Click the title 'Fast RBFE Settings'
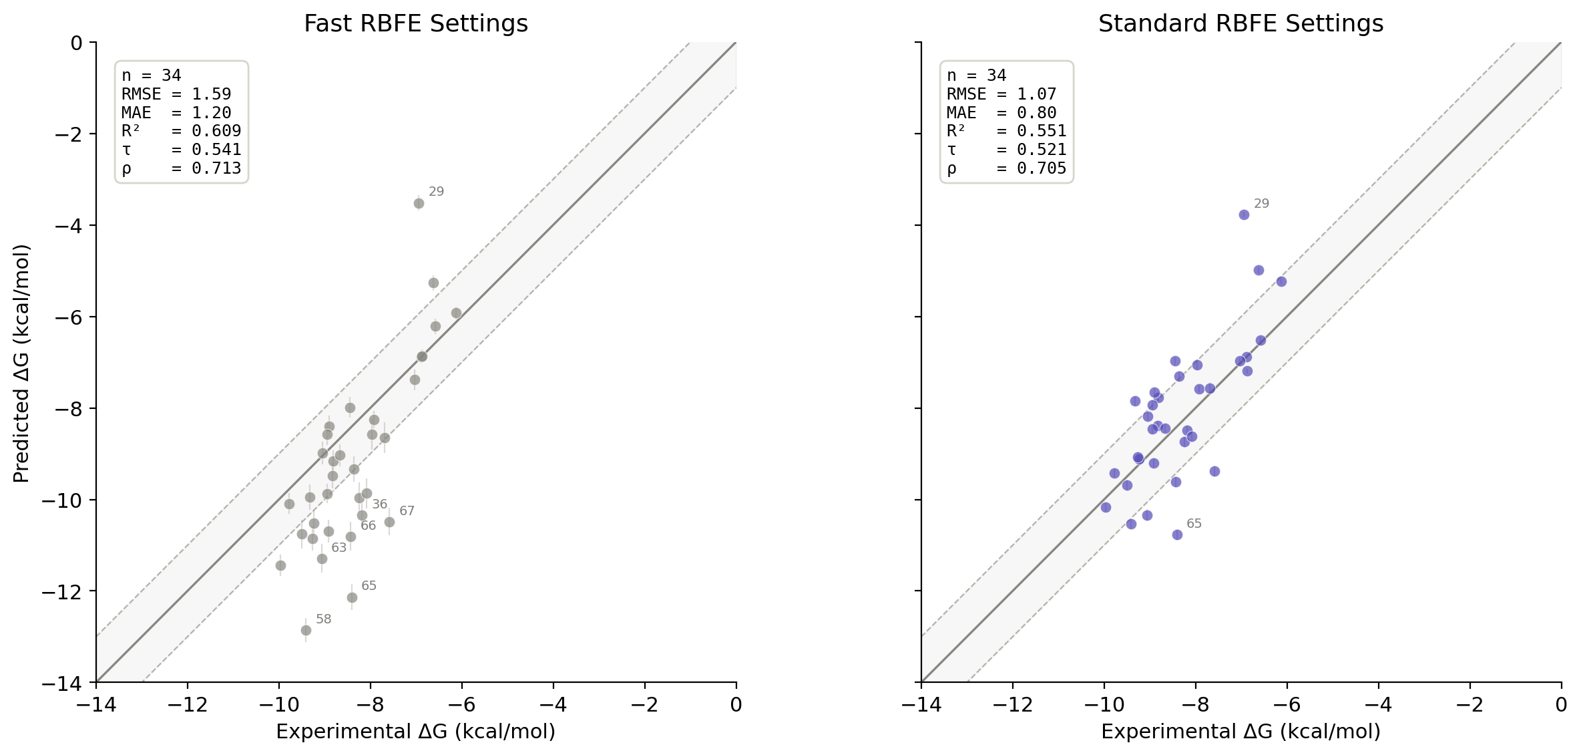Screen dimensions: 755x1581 click(415, 24)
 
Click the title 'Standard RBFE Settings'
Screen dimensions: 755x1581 click(1240, 24)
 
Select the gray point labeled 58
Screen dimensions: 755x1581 click(306, 630)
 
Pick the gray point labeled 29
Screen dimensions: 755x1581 click(419, 203)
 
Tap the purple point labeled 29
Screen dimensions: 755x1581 click(1244, 214)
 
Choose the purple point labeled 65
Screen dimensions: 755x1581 click(1177, 535)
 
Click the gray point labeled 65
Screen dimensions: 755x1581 click(352, 597)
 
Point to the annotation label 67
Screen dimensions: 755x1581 click(407, 511)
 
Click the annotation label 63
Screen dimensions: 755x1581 click(339, 548)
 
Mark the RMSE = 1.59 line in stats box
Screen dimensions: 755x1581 click(176, 94)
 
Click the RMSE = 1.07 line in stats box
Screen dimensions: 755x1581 click(1001, 94)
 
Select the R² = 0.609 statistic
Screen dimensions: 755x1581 click(181, 131)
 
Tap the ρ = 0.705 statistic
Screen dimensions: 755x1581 click(1006, 168)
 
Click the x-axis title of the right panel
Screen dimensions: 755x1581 click(1240, 732)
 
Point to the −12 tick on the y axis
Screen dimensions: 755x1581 click(63, 591)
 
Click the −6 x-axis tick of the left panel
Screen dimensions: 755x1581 click(461, 705)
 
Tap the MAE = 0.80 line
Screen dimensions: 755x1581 click(1001, 113)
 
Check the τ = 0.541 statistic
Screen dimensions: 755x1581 click(181, 150)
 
